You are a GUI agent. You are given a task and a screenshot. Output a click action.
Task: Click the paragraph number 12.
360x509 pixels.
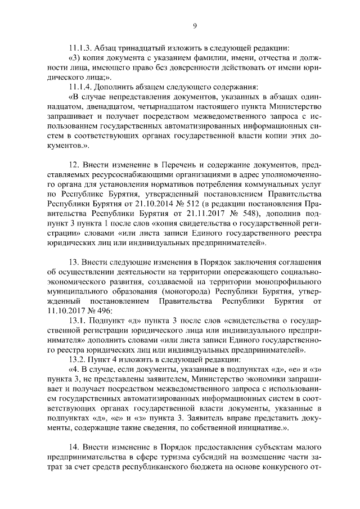[73, 164]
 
